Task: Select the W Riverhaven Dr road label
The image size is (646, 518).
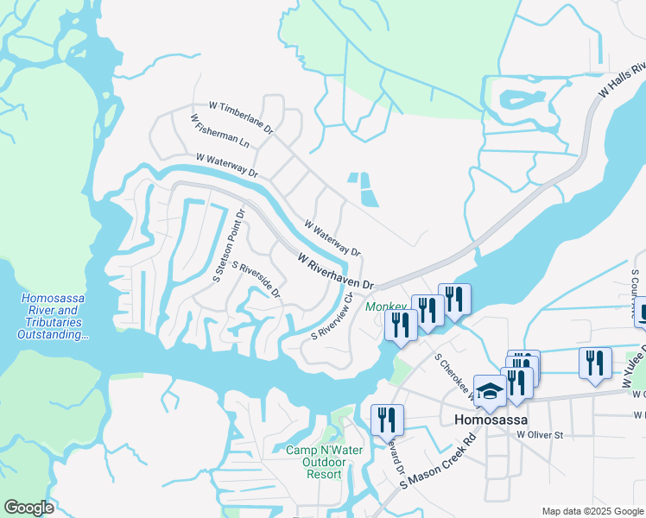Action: tap(335, 270)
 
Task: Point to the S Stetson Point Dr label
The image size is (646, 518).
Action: tap(229, 244)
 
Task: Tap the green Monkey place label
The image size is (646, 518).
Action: tap(385, 307)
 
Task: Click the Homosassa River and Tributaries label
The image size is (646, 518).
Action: tap(49, 316)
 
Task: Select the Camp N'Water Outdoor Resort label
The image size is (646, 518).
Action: tap(316, 462)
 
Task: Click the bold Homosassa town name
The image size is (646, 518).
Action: tap(490, 420)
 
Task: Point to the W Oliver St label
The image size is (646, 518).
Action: tap(540, 435)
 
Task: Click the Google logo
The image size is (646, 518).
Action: tap(28, 508)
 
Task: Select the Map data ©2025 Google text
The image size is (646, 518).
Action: tap(592, 511)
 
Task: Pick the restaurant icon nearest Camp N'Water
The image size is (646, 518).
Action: tap(387, 420)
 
